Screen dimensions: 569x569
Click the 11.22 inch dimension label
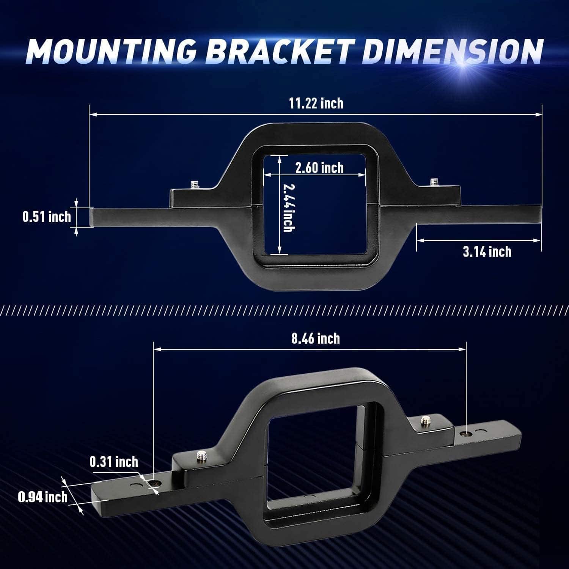316,103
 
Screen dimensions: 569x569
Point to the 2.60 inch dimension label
319,168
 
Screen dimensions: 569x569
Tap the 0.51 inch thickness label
47,217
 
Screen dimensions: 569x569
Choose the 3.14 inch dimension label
487,251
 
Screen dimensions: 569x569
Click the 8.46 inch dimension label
316,338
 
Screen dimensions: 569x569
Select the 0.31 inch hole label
114,462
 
